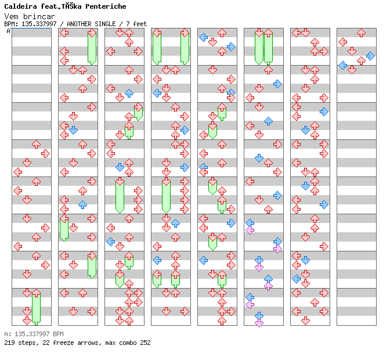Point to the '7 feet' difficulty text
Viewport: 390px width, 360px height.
click(x=135, y=24)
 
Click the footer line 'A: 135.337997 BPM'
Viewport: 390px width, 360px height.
click(x=34, y=334)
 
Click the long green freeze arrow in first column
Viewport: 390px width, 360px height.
click(x=36, y=308)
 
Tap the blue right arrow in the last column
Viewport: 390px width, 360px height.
click(x=370, y=56)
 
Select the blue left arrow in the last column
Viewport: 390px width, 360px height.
click(x=342, y=65)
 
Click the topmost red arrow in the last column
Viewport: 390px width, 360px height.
click(x=361, y=33)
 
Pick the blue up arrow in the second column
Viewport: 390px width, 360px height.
click(x=82, y=204)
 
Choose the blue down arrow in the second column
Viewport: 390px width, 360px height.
click(x=73, y=130)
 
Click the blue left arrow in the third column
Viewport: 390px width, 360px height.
click(x=110, y=241)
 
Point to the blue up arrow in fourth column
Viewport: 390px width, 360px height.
click(x=175, y=223)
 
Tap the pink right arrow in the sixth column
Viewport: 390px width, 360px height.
click(x=277, y=249)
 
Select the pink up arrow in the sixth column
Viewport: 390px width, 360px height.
click(x=268, y=286)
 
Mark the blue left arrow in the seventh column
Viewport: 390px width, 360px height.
click(x=296, y=279)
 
